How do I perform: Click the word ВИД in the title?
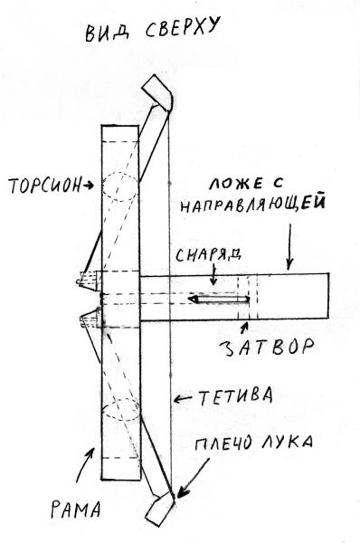tap(108, 33)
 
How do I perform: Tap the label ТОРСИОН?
tap(44, 186)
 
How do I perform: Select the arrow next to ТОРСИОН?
tap(88, 186)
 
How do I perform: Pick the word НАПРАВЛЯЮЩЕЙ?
tap(252, 204)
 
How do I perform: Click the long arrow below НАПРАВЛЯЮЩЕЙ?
tap(289, 246)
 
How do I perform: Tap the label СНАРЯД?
tap(208, 255)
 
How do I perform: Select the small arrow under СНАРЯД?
tap(214, 274)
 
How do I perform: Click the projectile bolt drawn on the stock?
tap(219, 299)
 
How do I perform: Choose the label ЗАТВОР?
tap(267, 347)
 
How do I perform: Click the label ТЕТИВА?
tap(235, 396)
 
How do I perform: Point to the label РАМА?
tap(76, 510)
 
